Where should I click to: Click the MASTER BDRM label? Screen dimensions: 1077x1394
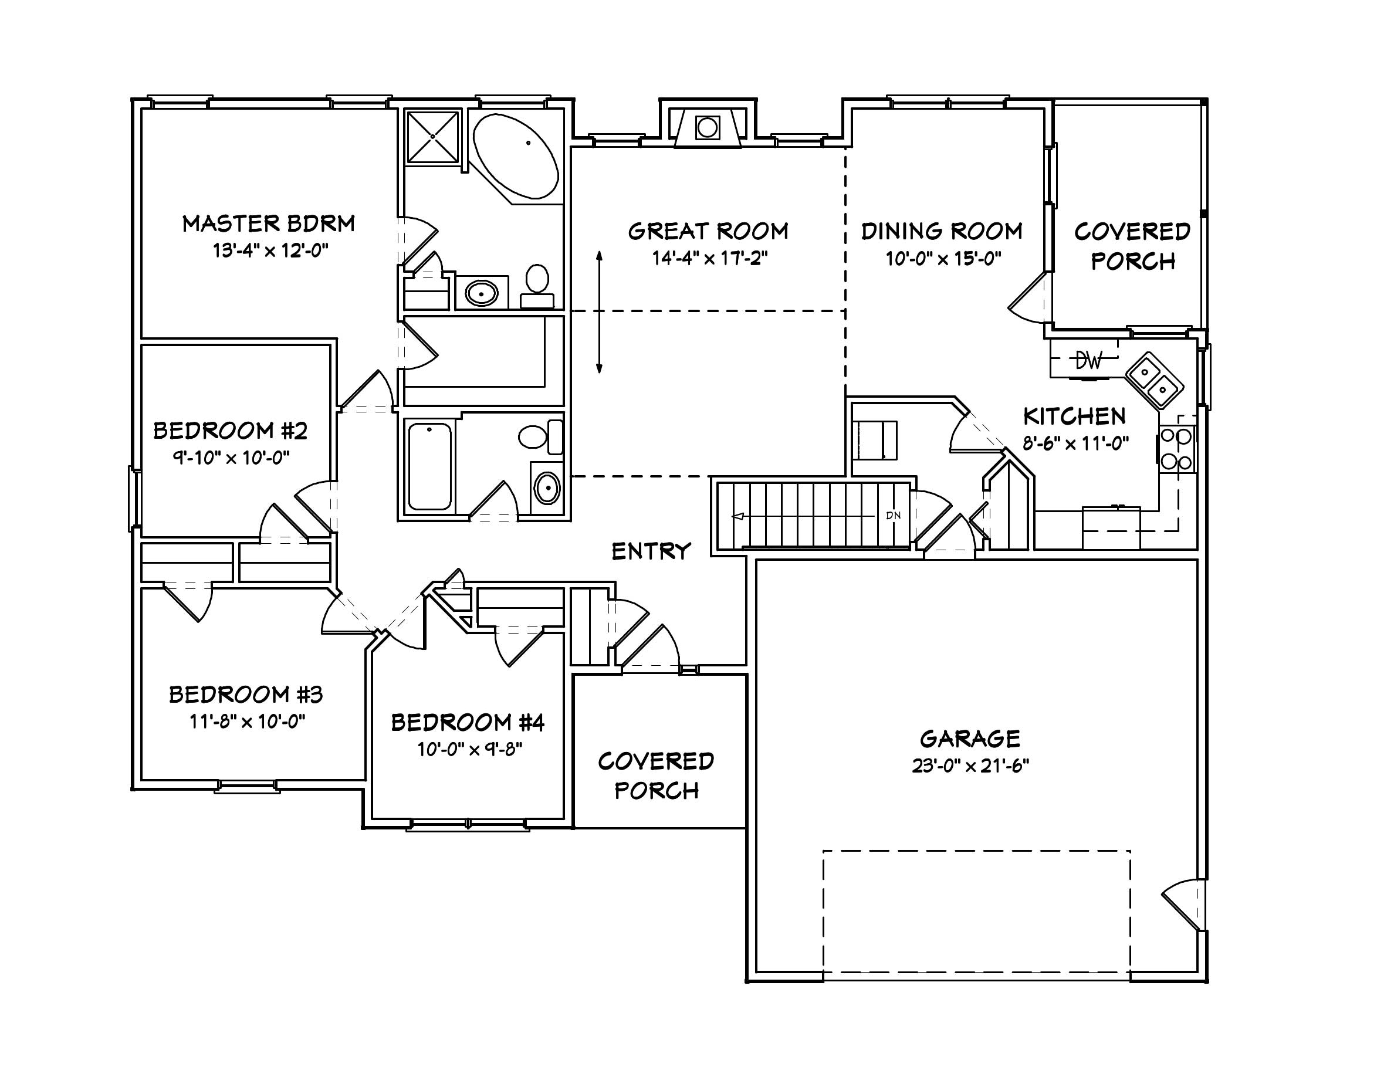tap(268, 224)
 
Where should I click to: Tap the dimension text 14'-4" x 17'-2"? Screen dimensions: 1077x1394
tap(709, 259)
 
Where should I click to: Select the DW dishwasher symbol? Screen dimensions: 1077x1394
tap(1088, 361)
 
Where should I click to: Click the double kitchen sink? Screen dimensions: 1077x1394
tap(1154, 381)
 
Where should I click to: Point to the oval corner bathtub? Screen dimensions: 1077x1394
tap(516, 156)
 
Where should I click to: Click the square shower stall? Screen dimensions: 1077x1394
tap(433, 137)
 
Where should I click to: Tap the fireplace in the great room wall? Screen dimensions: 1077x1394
tap(707, 128)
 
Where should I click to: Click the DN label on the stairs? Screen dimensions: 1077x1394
tap(893, 516)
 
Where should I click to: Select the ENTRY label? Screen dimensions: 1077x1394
tap(651, 551)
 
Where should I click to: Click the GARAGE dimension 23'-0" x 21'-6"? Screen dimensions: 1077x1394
tap(970, 766)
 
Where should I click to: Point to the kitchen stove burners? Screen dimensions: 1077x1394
tap(1176, 449)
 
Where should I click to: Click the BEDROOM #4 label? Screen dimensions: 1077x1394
tap(467, 723)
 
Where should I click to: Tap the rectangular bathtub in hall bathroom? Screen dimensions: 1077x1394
tap(429, 466)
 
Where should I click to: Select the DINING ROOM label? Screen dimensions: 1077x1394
tap(942, 231)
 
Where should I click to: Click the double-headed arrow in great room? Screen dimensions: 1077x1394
tap(600, 311)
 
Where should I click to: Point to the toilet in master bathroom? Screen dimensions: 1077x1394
tap(537, 285)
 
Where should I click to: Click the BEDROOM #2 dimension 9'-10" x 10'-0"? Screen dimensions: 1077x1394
tap(231, 458)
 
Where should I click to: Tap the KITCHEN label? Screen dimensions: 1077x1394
tap(1074, 416)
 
